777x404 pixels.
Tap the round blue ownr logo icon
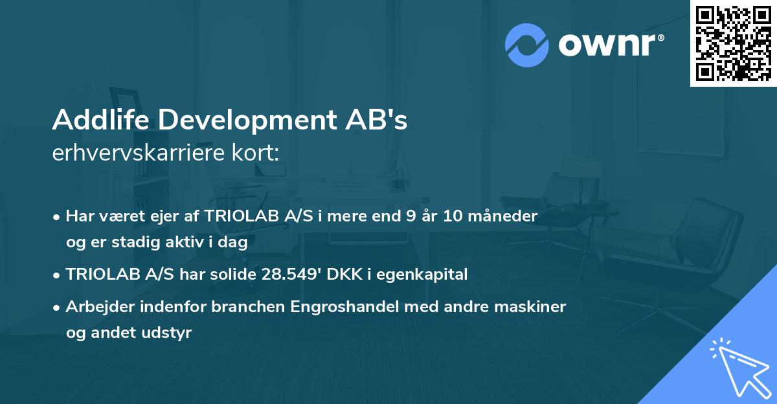527,45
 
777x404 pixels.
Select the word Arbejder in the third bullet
102,307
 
